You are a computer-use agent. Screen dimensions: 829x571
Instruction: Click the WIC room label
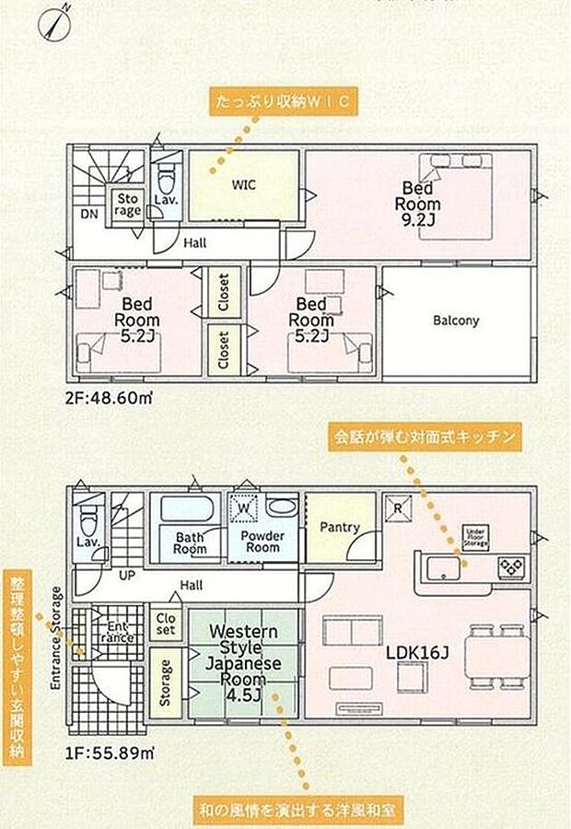coord(244,185)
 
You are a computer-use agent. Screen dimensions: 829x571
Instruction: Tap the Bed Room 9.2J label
coord(419,204)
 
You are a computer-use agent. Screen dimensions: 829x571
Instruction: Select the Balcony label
coord(456,321)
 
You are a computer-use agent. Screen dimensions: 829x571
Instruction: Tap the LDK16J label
coord(416,652)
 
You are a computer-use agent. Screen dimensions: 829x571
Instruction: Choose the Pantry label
coord(339,528)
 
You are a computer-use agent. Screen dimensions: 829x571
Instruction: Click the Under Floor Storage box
coord(475,538)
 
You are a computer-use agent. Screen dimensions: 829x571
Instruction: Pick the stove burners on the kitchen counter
coord(509,565)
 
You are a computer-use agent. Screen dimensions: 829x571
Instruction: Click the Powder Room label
coord(262,541)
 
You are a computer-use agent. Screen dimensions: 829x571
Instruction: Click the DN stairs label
coord(89,215)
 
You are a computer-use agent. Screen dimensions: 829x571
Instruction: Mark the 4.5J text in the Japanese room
coord(244,695)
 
